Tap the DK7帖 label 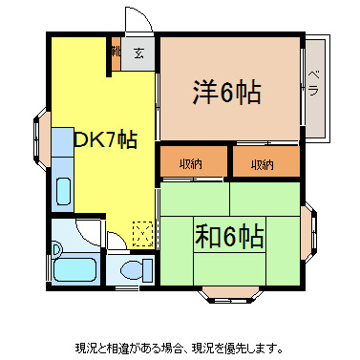[x=104, y=139]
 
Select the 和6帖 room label [x=229, y=233]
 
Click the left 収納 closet [x=191, y=164]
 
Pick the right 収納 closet [x=263, y=164]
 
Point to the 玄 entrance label [x=140, y=53]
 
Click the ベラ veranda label [x=313, y=85]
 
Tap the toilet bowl [x=130, y=266]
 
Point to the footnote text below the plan [x=180, y=347]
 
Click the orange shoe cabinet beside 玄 [x=115, y=54]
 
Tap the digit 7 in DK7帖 [x=112, y=139]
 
